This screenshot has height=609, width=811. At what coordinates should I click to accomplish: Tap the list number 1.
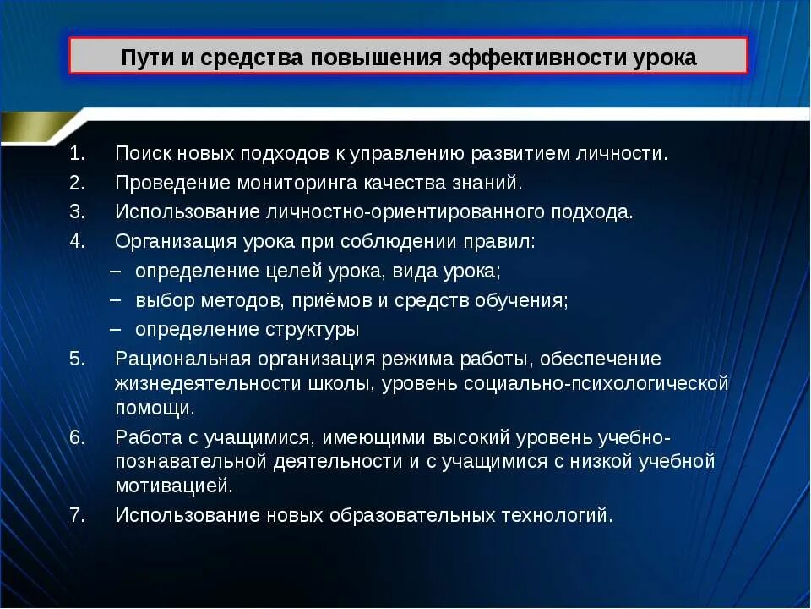(x=78, y=154)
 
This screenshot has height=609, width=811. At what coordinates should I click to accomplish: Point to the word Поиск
(x=141, y=154)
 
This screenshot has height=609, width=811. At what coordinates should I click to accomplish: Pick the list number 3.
(x=78, y=211)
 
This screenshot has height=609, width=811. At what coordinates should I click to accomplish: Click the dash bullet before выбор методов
(x=116, y=300)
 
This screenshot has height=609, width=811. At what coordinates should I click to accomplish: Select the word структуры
(x=309, y=330)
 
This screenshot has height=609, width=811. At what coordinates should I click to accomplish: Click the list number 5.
(x=78, y=359)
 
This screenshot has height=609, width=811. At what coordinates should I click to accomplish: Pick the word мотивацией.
(x=173, y=486)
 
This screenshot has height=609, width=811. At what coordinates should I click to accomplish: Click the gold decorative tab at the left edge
(x=34, y=127)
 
